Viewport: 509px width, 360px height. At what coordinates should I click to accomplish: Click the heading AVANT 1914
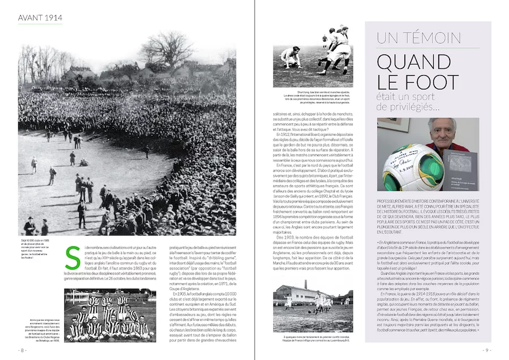pyautogui.click(x=40, y=18)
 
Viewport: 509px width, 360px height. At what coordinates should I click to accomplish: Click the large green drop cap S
pyautogui.click(x=72, y=258)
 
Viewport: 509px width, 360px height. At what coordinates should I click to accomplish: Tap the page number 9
pyautogui.click(x=486, y=350)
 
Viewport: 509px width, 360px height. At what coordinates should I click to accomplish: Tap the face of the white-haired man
pyautogui.click(x=441, y=132)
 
